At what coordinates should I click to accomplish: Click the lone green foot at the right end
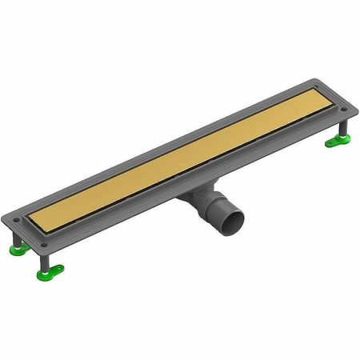(x=335, y=142)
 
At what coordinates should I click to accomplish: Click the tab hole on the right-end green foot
(x=329, y=144)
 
